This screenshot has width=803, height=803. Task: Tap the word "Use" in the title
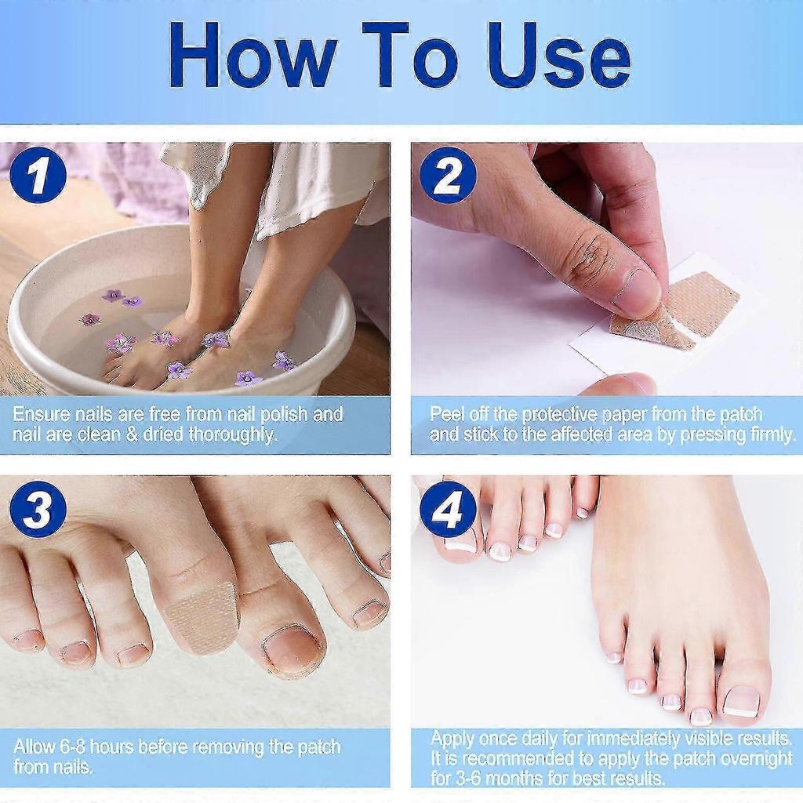558,56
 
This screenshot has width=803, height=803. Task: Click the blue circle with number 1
38,174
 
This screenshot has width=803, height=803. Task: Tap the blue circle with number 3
38,509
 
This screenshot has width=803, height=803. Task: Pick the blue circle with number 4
448,509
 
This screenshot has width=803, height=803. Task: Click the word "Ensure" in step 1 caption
41,414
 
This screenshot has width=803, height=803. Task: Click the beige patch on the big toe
202,616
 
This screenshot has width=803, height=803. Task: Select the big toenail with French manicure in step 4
741,700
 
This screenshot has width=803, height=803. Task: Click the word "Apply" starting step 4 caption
453,738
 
